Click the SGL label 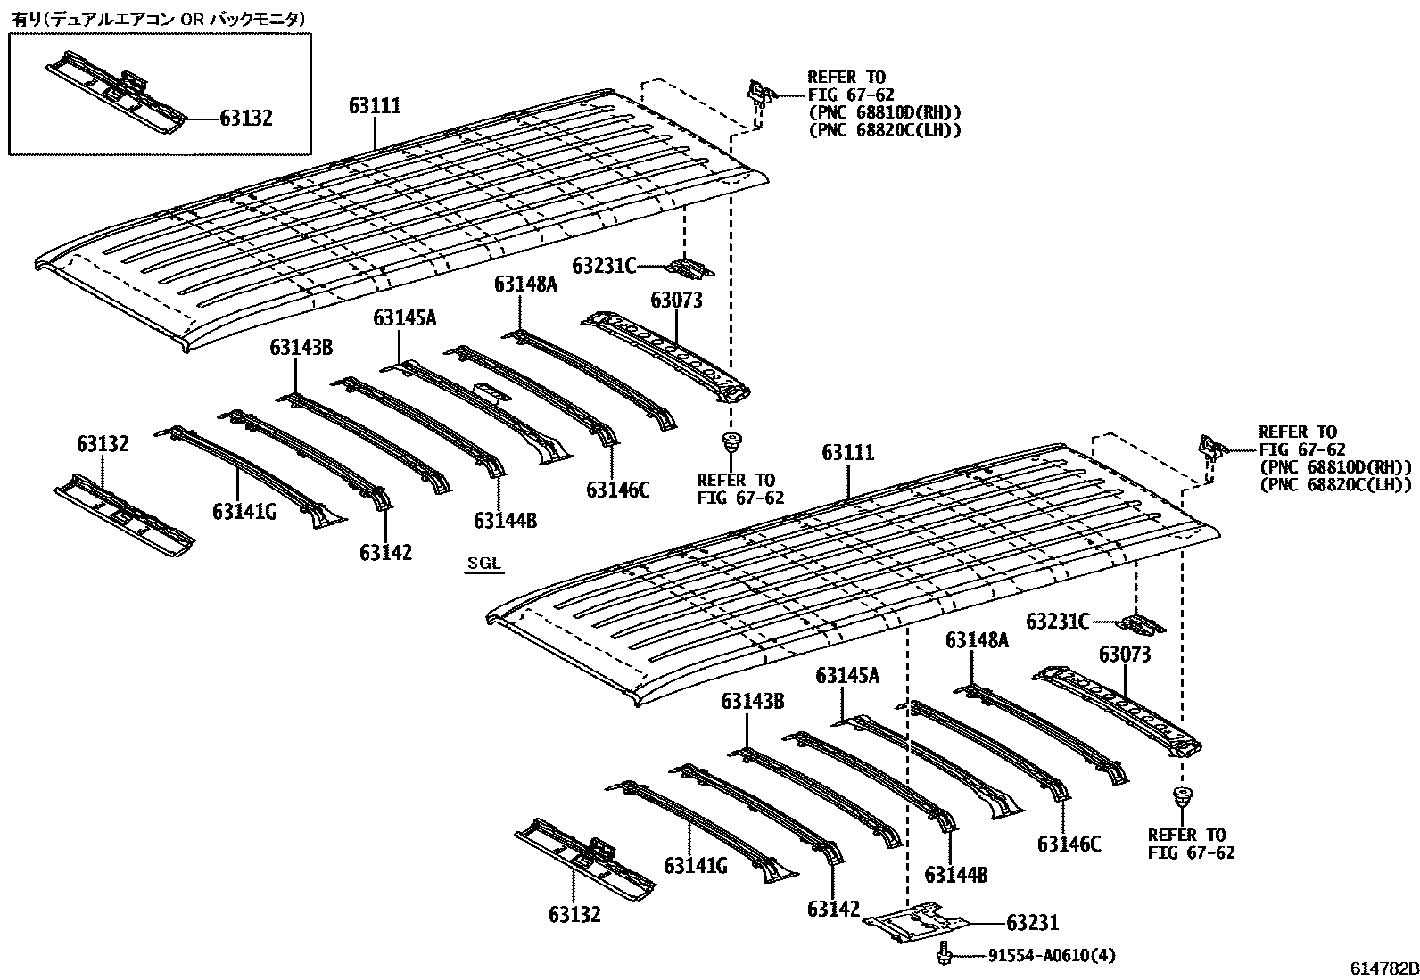[x=484, y=563]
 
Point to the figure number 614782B [x=1383, y=968]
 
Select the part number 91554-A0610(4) [x=1051, y=956]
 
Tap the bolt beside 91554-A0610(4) [x=945, y=953]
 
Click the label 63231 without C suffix [x=1032, y=923]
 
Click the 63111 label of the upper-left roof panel [x=375, y=106]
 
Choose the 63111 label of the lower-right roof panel [x=848, y=453]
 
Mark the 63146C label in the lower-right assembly [x=1069, y=843]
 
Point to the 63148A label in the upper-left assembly [x=525, y=284]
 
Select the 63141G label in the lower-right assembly [x=696, y=865]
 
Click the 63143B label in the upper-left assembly [x=301, y=348]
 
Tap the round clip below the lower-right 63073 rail [x=1185, y=797]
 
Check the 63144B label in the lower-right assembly [x=956, y=875]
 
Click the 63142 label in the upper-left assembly [x=386, y=553]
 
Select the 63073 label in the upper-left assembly [x=676, y=300]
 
